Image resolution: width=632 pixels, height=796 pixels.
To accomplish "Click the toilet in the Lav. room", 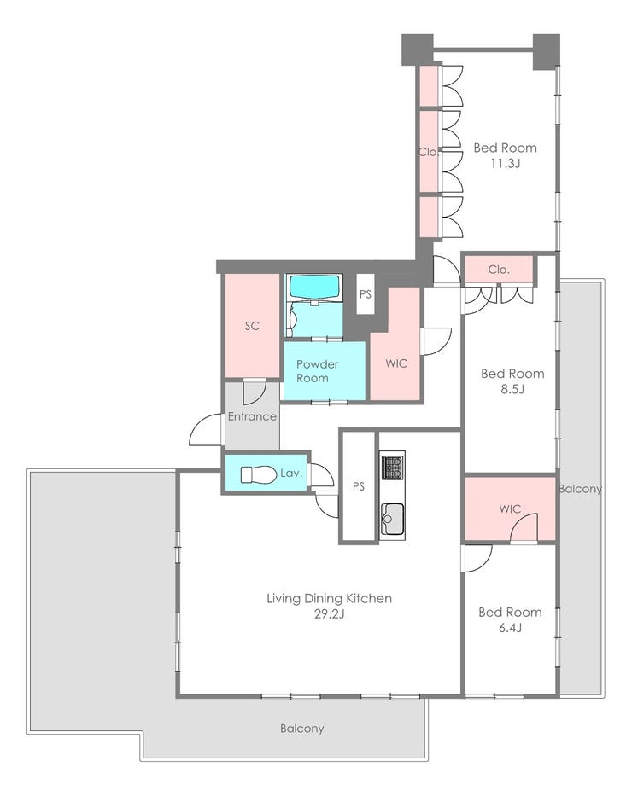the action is pyautogui.click(x=251, y=474).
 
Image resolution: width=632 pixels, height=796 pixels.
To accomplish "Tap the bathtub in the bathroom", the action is pyautogui.click(x=313, y=288).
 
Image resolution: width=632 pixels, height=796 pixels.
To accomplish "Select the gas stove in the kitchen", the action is pyautogui.click(x=392, y=467).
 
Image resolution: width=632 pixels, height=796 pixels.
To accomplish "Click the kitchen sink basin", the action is pyautogui.click(x=392, y=519).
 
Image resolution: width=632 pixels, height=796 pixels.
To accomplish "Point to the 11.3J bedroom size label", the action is pyautogui.click(x=505, y=164).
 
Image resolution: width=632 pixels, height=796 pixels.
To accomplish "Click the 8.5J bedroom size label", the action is pyautogui.click(x=512, y=389).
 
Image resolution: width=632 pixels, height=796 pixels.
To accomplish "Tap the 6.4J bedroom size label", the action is pyautogui.click(x=510, y=628).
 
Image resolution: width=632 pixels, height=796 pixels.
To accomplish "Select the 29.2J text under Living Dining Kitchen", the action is pyautogui.click(x=329, y=613).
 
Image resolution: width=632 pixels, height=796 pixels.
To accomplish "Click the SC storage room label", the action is pyautogui.click(x=252, y=326).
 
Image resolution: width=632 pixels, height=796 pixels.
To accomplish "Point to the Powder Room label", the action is pyautogui.click(x=317, y=371).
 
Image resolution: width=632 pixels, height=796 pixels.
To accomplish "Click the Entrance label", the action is pyautogui.click(x=252, y=416).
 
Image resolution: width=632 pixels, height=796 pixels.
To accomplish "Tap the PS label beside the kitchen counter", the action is pyautogui.click(x=358, y=486).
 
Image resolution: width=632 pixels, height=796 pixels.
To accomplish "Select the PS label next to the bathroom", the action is pyautogui.click(x=366, y=294).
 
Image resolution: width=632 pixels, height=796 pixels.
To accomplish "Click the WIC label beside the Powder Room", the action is pyautogui.click(x=396, y=363).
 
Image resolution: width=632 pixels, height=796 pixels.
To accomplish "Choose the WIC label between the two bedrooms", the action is pyautogui.click(x=510, y=508).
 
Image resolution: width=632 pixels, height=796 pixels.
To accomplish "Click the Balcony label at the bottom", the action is pyautogui.click(x=301, y=729).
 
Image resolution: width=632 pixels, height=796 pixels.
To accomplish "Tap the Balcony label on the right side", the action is pyautogui.click(x=580, y=489).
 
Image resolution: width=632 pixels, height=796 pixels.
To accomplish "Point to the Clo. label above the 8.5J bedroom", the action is pyautogui.click(x=499, y=270).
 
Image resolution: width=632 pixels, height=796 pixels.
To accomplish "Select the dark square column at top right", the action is pyautogui.click(x=546, y=51).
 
